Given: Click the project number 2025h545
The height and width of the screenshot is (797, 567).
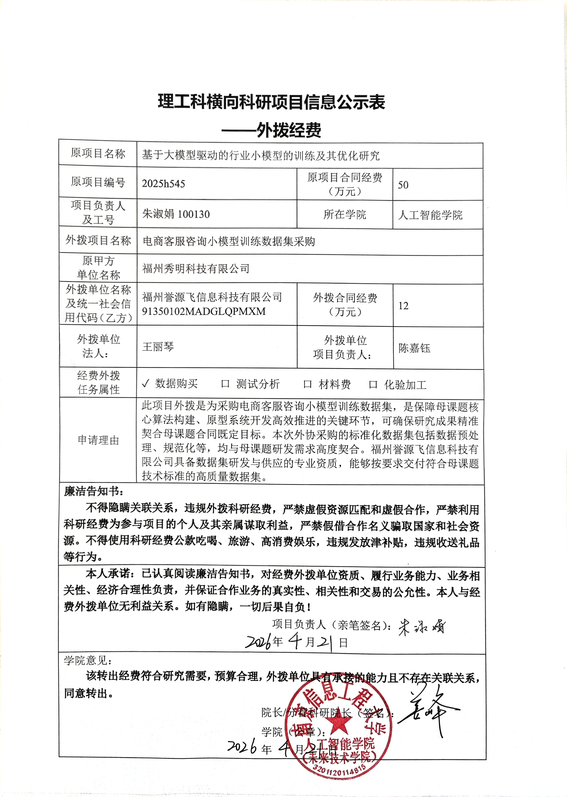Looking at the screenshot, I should pyautogui.click(x=163, y=184).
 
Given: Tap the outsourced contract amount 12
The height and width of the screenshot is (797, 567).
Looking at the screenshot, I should pyautogui.click(x=403, y=306).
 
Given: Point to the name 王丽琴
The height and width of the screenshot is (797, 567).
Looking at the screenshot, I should pyautogui.click(x=158, y=347).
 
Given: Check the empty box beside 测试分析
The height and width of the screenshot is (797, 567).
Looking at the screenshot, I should pyautogui.click(x=225, y=384).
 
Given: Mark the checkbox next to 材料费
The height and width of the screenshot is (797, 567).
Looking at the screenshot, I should pyautogui.click(x=307, y=385).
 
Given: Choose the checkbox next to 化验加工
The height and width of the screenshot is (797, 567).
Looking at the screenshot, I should pyautogui.click(x=373, y=385).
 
